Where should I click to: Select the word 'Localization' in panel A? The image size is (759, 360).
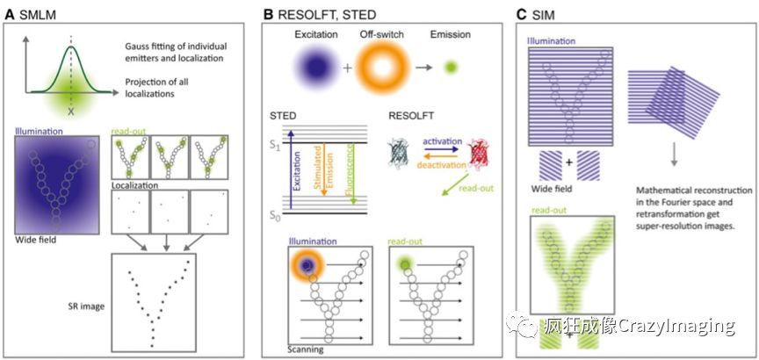pos(137,187)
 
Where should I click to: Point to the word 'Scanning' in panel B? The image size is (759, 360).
pos(304,349)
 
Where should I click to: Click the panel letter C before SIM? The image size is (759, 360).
pos(522,14)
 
